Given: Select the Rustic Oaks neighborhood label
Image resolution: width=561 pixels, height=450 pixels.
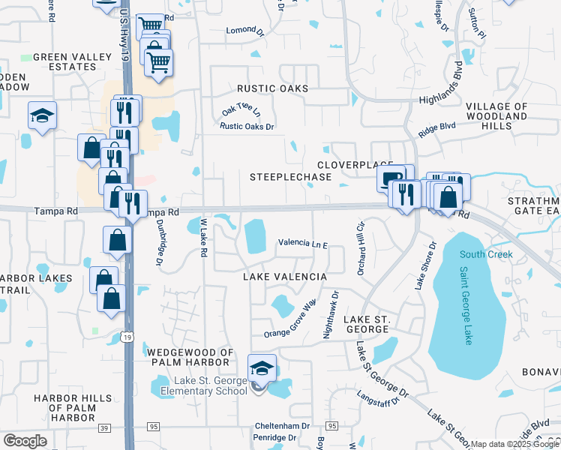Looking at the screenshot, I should [x=273, y=88].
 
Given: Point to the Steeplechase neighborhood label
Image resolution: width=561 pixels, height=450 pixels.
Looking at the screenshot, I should [x=290, y=176].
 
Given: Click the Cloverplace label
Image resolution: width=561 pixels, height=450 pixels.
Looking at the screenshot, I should [x=355, y=164].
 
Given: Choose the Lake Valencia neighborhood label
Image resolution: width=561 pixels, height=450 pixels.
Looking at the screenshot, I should [x=284, y=277].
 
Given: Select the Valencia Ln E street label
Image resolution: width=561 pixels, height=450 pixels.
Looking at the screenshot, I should [x=304, y=243].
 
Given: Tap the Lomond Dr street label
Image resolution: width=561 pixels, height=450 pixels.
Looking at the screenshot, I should [x=246, y=31].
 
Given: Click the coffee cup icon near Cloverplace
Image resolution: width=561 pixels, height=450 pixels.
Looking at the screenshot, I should [x=391, y=178].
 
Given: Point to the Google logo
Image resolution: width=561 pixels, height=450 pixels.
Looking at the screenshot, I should [x=25, y=441].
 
